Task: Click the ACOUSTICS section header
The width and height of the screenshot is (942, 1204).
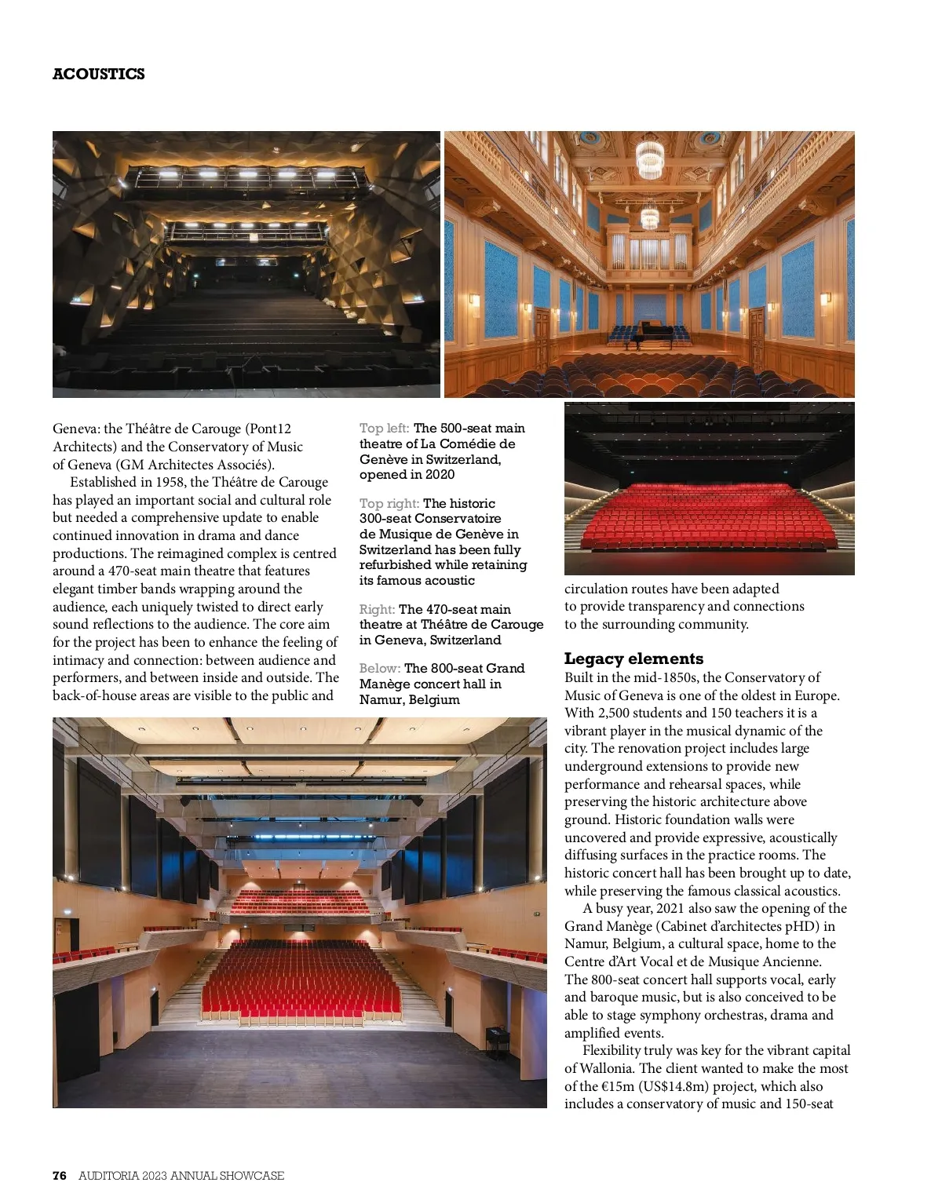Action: pyautogui.click(x=98, y=74)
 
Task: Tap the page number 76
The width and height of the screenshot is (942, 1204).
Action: pyautogui.click(x=60, y=1176)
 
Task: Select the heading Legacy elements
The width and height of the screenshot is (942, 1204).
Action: pyautogui.click(x=633, y=659)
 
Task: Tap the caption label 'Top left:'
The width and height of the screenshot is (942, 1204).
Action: pyautogui.click(x=384, y=429)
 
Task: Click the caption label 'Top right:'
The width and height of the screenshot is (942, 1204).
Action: pyautogui.click(x=389, y=504)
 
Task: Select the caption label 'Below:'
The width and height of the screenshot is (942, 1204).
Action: pyautogui.click(x=380, y=669)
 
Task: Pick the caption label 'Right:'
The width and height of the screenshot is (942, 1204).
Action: pyautogui.click(x=377, y=610)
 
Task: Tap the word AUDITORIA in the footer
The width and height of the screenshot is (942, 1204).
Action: pyautogui.click(x=108, y=1176)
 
